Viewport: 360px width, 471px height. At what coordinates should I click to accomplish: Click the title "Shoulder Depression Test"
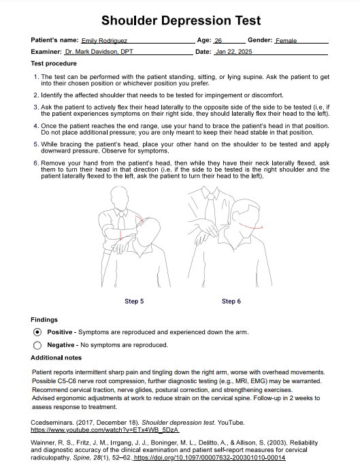pos(181,20)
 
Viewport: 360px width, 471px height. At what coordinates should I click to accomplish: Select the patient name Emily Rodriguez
pos(105,41)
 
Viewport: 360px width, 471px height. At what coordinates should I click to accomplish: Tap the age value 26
pos(218,41)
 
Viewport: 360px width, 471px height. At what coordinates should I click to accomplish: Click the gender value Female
pos(286,41)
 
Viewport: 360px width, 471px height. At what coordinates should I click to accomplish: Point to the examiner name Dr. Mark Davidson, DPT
pos(99,52)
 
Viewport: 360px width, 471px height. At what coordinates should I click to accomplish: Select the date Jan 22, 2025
pos(233,52)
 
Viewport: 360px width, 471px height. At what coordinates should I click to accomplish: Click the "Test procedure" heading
pos(54,64)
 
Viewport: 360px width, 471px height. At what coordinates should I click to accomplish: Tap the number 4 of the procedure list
pos(36,126)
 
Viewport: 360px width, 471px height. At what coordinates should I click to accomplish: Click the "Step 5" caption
pos(134,302)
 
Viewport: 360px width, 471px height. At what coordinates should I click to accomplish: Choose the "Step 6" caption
pos(231,302)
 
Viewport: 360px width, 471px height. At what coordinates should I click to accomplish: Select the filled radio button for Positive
pos(37,332)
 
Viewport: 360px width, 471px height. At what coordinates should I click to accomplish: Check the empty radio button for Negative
pos(37,346)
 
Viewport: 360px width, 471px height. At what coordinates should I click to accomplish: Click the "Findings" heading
pos(44,320)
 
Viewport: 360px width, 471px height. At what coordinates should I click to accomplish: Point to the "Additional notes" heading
pos(56,358)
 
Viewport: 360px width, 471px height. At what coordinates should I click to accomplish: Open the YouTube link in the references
pos(105,430)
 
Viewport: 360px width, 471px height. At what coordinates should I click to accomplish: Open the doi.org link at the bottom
pos(210,458)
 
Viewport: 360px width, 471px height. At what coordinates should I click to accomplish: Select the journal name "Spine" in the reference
pos(81,458)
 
